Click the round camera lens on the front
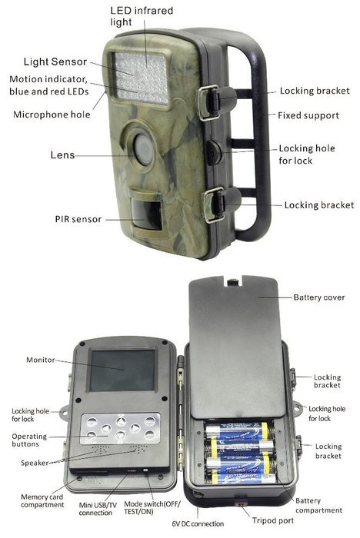tap(144, 150)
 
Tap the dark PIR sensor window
tap(146, 214)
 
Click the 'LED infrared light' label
tap(142, 16)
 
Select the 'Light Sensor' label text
tap(55, 61)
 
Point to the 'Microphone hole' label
tap(52, 115)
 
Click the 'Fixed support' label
tap(308, 115)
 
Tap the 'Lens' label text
tap(62, 154)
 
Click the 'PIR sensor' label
tap(78, 219)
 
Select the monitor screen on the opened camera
tap(122, 370)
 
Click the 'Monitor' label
tap(41, 360)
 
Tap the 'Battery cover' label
tap(318, 297)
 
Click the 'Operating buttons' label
tap(29, 440)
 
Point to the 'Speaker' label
tap(35, 463)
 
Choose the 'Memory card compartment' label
tap(42, 500)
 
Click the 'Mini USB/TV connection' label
tap(98, 509)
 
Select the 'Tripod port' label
tap(273, 520)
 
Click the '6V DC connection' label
tap(198, 523)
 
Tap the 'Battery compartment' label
tap(318, 506)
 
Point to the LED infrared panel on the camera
tap(141, 78)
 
